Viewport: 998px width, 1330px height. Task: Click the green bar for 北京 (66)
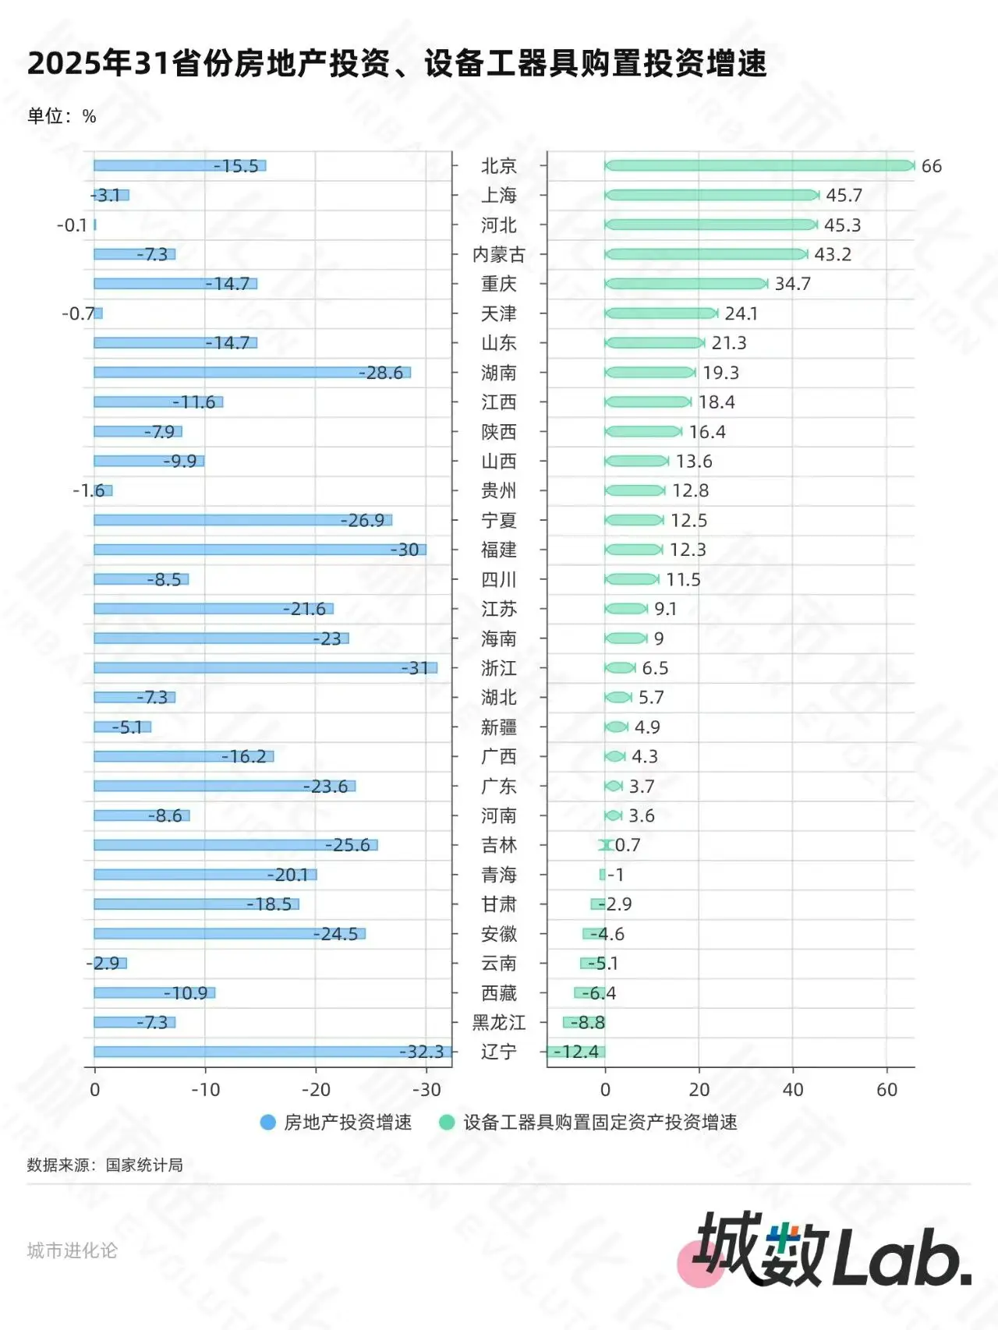click(x=759, y=165)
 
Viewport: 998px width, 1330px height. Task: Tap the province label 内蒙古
click(x=499, y=254)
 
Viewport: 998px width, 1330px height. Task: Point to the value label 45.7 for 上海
click(x=844, y=195)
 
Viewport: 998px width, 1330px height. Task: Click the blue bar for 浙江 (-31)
click(x=265, y=668)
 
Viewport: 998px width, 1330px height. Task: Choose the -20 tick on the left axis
click(x=316, y=1089)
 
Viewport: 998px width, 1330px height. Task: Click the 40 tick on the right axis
click(x=793, y=1089)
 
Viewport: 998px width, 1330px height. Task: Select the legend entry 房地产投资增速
click(x=348, y=1122)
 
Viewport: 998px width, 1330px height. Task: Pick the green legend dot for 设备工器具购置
click(x=447, y=1122)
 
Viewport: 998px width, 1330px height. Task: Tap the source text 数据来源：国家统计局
click(x=105, y=1165)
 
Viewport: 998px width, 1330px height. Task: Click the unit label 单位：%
click(x=62, y=116)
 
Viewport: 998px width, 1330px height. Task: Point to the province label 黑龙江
click(x=499, y=1022)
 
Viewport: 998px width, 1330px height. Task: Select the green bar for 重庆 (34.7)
click(x=686, y=284)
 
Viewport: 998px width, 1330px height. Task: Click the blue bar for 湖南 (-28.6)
click(x=251, y=373)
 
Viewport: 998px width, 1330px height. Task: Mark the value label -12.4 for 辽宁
click(x=576, y=1052)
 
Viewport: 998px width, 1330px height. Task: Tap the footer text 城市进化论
click(x=72, y=1250)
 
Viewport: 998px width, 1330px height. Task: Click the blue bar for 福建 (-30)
click(x=259, y=550)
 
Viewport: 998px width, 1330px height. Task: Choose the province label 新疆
click(x=499, y=727)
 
